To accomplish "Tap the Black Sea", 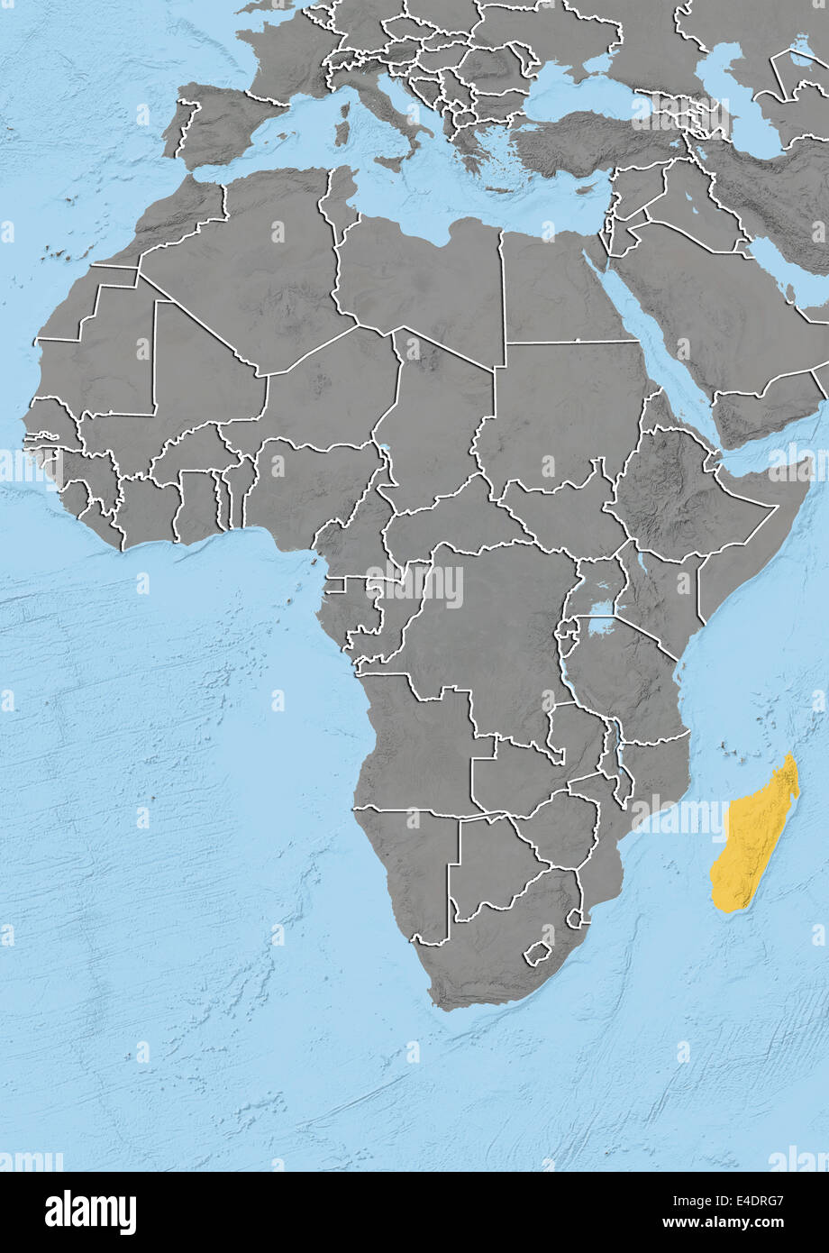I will coord(577,95).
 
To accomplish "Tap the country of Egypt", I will coord(559,288).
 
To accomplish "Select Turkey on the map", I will coord(586,144).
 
